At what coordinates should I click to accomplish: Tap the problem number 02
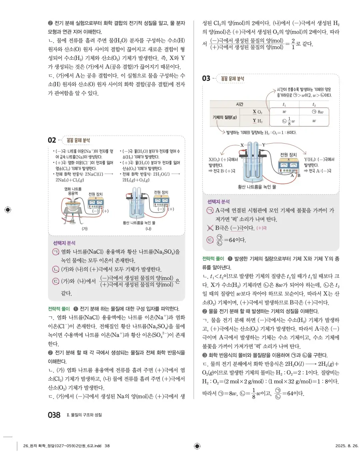coord(52,140)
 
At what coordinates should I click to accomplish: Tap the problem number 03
coord(206,78)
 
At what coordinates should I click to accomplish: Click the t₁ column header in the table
coord(284,104)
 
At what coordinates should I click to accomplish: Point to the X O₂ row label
coord(257,112)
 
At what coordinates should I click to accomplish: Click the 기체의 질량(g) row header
coord(225,116)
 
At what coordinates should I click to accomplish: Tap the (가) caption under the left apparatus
coord(84,228)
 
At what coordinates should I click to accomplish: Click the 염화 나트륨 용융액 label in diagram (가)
coord(73,190)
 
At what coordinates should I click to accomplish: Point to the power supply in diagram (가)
coord(94,204)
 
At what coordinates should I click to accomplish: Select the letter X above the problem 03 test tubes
coord(242,144)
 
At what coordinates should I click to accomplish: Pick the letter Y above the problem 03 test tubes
coord(264,144)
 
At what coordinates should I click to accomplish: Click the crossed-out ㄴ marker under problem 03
coord(210,228)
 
